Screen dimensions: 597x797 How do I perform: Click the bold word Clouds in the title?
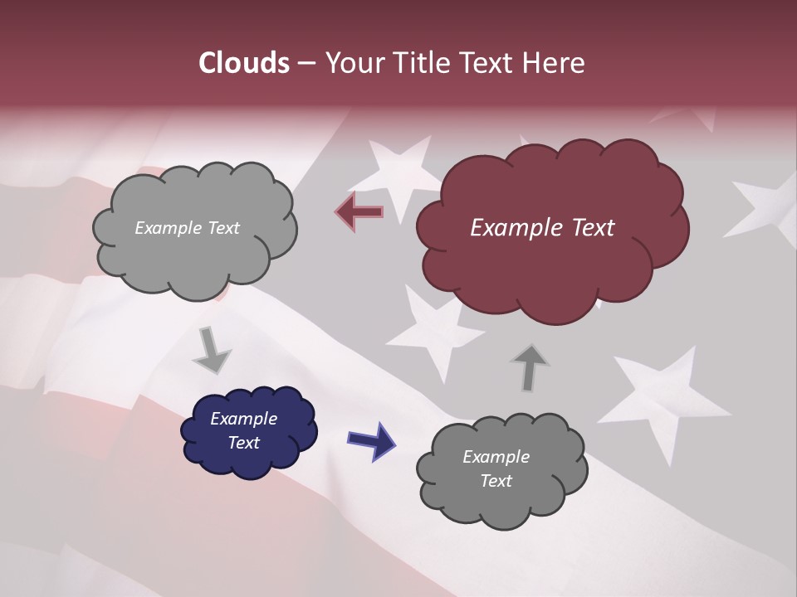(x=243, y=63)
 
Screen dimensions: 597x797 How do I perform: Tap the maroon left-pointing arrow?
(x=359, y=211)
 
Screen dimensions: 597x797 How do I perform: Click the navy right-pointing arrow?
(x=371, y=440)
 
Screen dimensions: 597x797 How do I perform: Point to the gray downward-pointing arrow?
(x=212, y=350)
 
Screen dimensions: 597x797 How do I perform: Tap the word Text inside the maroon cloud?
(x=593, y=228)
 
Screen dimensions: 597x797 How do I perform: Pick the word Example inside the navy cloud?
(x=243, y=419)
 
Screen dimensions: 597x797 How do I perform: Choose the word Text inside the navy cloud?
(x=244, y=443)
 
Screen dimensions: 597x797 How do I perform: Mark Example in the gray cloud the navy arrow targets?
(x=496, y=457)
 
